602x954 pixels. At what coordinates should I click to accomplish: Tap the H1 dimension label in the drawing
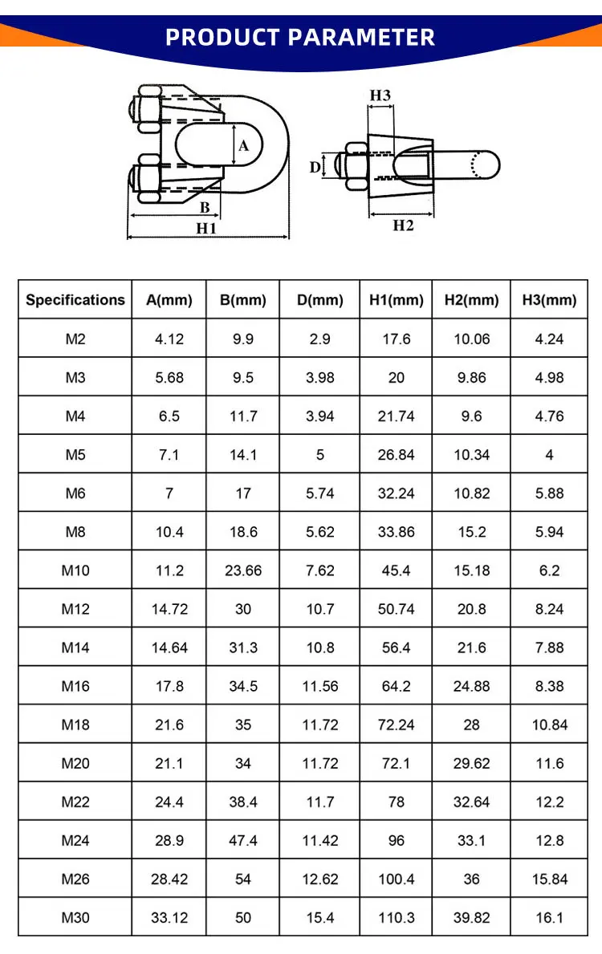coord(207,228)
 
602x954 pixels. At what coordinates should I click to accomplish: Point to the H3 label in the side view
coord(380,95)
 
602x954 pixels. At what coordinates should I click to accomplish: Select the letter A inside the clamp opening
coord(245,145)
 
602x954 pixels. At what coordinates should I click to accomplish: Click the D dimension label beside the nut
coord(315,167)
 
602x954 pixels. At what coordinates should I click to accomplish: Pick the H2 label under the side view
coord(403,225)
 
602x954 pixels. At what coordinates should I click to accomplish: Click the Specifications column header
coord(75,300)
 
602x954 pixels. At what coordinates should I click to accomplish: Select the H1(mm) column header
coord(396,300)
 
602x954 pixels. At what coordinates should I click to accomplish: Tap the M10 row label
coord(75,570)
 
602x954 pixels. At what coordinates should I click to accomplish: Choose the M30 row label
coord(75,917)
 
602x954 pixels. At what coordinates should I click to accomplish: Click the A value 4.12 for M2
coord(169,339)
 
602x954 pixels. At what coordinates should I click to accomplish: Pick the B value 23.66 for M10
coord(242,570)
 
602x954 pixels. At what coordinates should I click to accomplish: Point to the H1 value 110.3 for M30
coord(396,917)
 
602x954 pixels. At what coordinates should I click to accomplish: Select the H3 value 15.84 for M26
coord(549,879)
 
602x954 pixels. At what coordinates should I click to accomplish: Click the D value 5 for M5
coord(319,455)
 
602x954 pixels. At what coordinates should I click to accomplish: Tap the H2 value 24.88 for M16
coord(471,686)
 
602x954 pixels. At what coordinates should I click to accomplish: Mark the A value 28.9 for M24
coord(169,840)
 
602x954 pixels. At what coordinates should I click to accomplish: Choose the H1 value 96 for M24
coord(396,840)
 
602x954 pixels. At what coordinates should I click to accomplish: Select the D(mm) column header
coord(319,300)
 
